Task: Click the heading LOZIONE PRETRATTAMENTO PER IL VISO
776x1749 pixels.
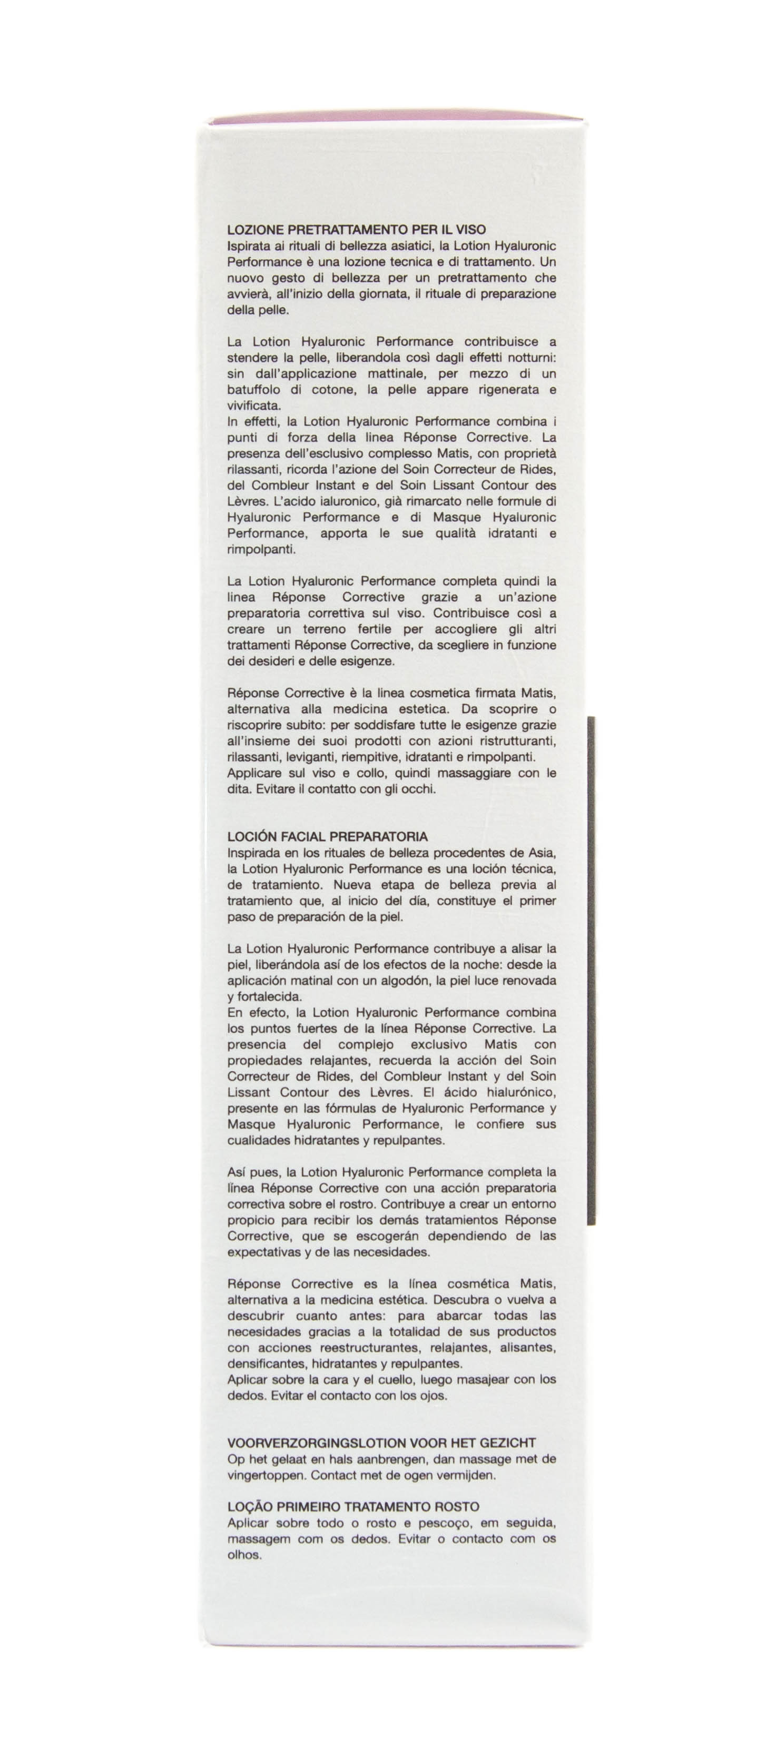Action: pyautogui.click(x=357, y=230)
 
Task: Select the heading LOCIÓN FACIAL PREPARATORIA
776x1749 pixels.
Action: pyautogui.click(x=327, y=836)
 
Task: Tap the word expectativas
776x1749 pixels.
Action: pyautogui.click(x=262, y=1251)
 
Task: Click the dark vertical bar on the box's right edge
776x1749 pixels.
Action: pyautogui.click(x=591, y=971)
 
